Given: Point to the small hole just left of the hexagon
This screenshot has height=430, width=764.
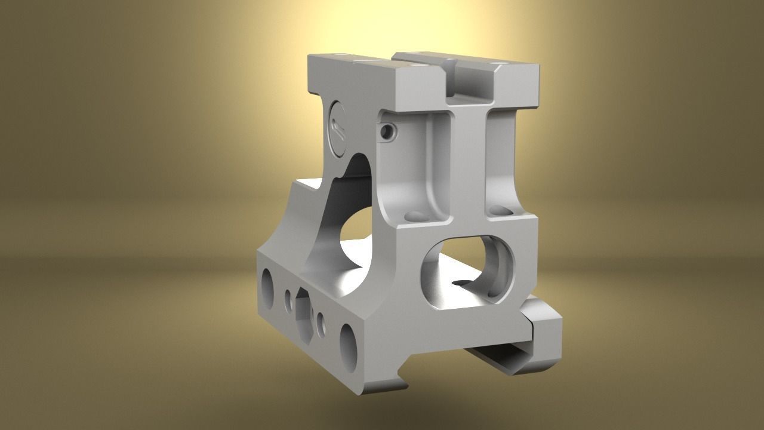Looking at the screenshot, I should point(288,298).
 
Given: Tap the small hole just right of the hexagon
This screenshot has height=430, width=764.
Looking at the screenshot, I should point(322,323).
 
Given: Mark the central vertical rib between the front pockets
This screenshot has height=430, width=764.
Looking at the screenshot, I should point(469,167).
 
